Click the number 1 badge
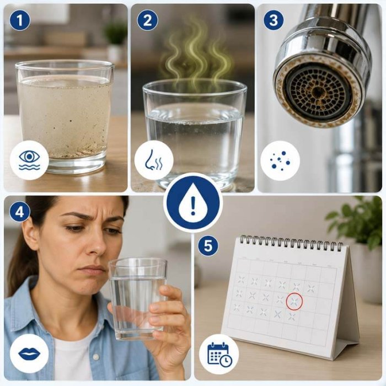tap(20, 20)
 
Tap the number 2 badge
tap(147, 20)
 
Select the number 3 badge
tap(274, 20)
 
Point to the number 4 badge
tap(20, 212)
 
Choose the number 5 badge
tap(208, 246)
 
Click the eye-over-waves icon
tap(29, 160)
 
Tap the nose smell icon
tap(153, 160)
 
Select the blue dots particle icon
tap(280, 160)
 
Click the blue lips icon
tap(29, 354)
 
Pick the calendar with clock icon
tap(219, 355)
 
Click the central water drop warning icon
tap(193, 202)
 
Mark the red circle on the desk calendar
tap(294, 301)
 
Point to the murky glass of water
tap(65, 116)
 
